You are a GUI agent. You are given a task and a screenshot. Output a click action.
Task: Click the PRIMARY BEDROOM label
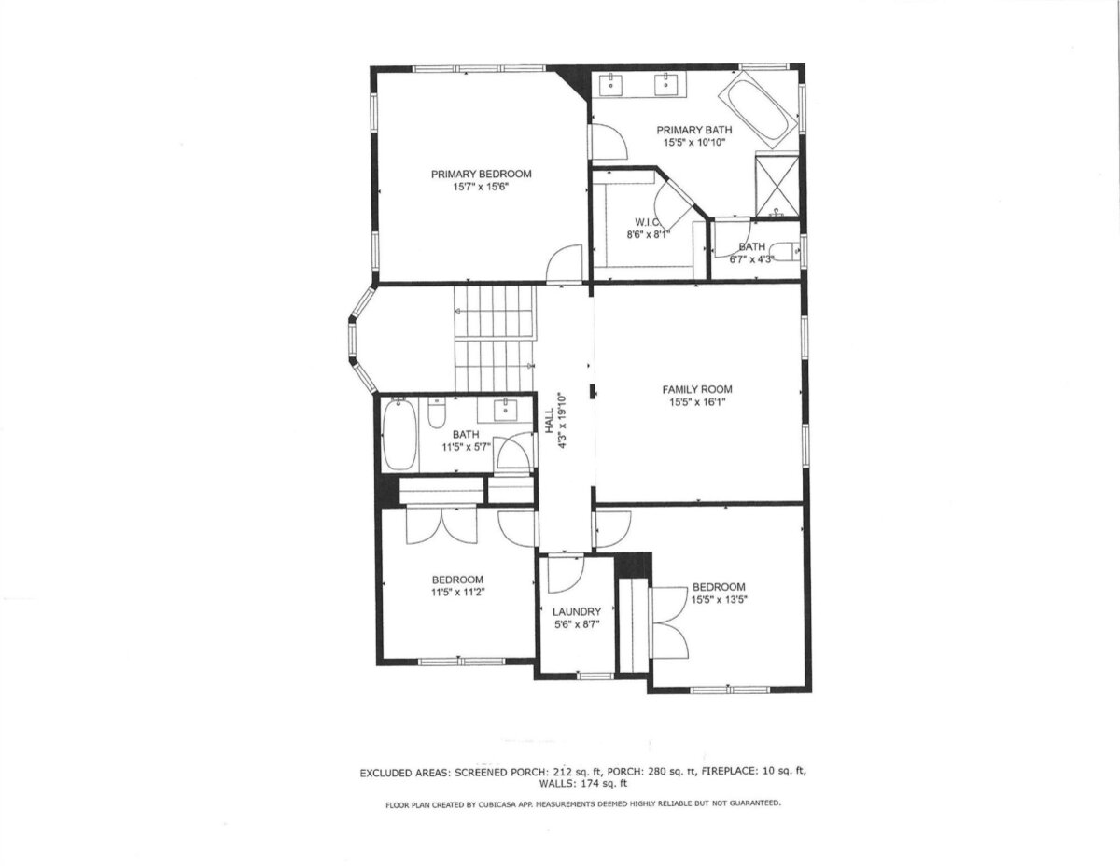481,175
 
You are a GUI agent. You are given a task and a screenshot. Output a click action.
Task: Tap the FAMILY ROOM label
697,389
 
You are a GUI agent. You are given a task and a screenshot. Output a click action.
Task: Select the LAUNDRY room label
577,611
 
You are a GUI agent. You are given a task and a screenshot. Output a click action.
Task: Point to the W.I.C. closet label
648,222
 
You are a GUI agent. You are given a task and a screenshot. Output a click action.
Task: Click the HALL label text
550,420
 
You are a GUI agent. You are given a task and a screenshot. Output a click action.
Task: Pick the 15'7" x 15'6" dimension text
481,187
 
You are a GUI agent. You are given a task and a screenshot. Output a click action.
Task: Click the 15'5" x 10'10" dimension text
694,143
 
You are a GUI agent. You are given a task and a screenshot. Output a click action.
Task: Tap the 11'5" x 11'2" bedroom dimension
457,593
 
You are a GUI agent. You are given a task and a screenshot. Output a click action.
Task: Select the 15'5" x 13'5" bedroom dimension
719,600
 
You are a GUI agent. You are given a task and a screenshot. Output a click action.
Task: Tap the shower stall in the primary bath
777,185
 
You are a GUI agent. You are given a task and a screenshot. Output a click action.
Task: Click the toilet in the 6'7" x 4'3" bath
788,251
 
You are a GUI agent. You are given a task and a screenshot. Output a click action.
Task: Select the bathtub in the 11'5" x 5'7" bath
399,434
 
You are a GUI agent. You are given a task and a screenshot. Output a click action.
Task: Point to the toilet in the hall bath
437,412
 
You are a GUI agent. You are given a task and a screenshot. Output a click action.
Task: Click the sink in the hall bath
503,410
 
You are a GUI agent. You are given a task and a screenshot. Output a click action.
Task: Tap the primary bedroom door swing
565,263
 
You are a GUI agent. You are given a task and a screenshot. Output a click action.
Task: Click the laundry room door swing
566,573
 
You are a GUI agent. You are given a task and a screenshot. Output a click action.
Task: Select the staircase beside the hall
495,339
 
